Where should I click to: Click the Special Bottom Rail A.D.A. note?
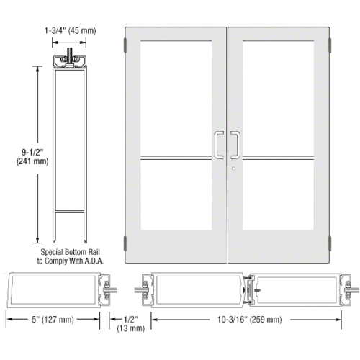[69, 255]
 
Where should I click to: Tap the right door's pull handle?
[235, 144]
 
